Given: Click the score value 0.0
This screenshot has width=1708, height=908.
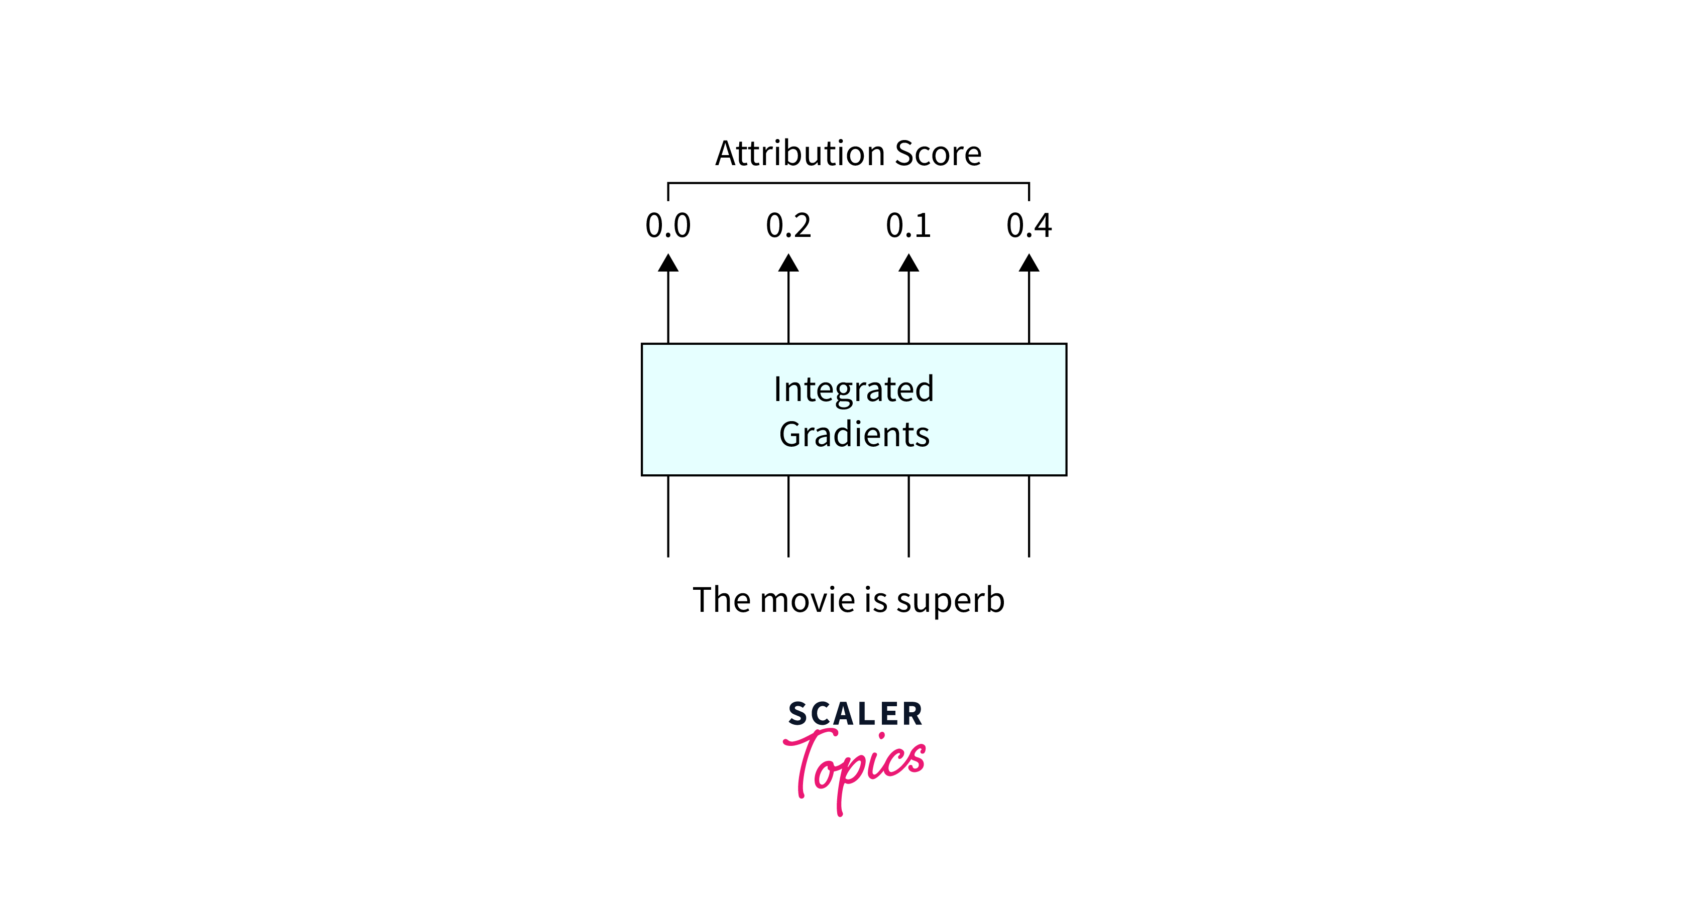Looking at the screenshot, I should coord(668,226).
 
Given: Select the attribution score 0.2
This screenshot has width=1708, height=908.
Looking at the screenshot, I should coord(788,226).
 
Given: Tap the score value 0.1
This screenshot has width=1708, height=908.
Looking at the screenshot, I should coord(908,226).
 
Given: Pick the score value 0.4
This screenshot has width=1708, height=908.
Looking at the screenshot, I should coord(1029,226).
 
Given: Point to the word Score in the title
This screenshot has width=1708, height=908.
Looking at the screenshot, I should coord(938,154).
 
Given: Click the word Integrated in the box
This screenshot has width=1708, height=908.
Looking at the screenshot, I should coord(853,390).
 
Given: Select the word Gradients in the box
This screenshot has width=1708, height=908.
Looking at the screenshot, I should coord(854,435).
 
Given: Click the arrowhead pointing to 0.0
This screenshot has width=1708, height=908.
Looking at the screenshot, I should coord(668,264).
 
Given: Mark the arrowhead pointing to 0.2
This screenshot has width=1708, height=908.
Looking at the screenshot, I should coord(788,264).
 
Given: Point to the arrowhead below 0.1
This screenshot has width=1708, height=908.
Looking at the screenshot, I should coord(908,264).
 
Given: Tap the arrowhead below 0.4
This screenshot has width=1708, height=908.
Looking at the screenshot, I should coord(1029,264).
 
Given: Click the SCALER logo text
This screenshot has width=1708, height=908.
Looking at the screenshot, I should coord(855,714).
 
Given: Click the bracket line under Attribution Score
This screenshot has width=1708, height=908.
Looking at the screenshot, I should coord(849,183).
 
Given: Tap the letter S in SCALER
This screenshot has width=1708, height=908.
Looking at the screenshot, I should coord(797,714).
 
